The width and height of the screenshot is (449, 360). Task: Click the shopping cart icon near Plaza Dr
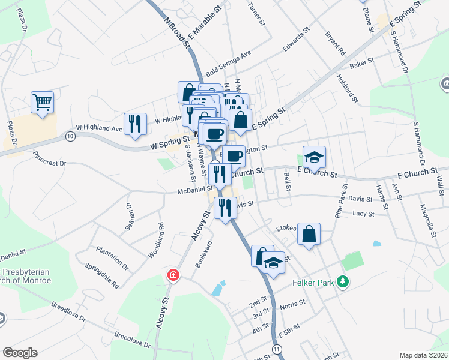43,103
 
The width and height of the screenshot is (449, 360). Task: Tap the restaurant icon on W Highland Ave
135,124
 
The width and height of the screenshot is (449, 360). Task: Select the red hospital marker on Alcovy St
173,275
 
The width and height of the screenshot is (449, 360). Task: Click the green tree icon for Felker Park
343,281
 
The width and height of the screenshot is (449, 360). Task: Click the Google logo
20,352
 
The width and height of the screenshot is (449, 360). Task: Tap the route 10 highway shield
71,137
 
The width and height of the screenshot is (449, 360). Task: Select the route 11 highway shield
276,349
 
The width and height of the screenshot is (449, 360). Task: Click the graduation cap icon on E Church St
313,158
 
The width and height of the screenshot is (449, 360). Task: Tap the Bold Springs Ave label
228,63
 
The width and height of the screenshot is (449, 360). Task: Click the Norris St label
294,306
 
